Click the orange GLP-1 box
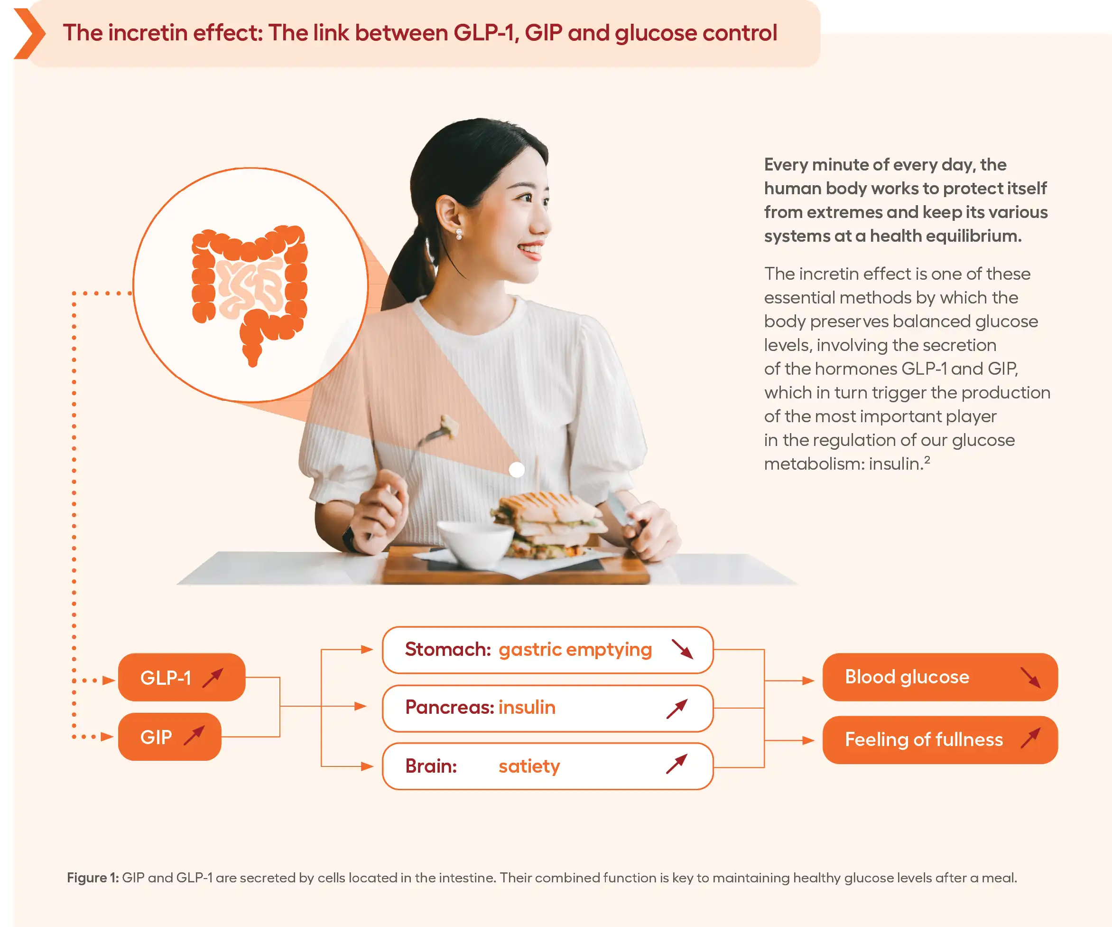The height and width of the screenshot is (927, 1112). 182,677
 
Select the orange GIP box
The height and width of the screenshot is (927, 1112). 169,737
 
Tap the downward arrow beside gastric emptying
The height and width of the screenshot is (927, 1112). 682,649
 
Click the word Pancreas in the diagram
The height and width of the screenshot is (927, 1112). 450,707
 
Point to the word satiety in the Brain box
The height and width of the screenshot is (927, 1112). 529,766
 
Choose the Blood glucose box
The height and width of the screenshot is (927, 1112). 940,677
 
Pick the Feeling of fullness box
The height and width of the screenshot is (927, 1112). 940,740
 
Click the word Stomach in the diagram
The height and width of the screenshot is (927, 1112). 448,649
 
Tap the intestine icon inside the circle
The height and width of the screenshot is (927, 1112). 250,294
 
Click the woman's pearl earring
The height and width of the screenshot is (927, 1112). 459,234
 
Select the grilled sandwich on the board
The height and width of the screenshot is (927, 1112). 548,525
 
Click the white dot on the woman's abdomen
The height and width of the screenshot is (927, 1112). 517,470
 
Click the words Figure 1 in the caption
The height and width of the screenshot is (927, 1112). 93,878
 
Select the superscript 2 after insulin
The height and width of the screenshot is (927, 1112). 927,460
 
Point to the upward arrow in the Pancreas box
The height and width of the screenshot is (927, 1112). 676,709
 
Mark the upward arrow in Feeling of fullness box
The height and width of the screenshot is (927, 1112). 1030,738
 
